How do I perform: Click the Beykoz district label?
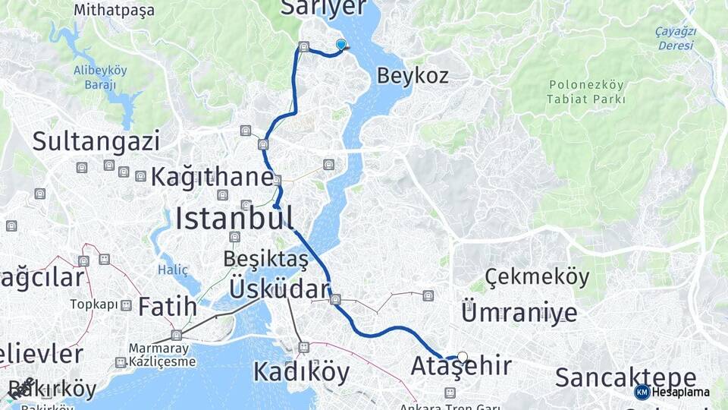click(x=413, y=76)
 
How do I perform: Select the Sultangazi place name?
click(x=96, y=141)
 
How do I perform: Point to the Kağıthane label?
click(x=212, y=177)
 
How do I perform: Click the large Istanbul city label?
click(x=234, y=218)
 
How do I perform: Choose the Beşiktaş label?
click(x=265, y=260)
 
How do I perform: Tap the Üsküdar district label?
click(x=280, y=289)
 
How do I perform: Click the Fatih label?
click(x=168, y=307)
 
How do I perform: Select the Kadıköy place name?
click(x=301, y=372)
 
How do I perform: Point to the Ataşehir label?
click(x=460, y=367)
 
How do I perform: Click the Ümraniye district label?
click(x=519, y=312)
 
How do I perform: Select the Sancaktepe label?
click(x=626, y=377)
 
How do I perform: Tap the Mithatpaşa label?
click(x=115, y=11)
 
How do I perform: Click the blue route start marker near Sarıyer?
click(x=341, y=45)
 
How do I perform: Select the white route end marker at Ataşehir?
click(x=463, y=356)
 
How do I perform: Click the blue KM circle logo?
click(x=642, y=392)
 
